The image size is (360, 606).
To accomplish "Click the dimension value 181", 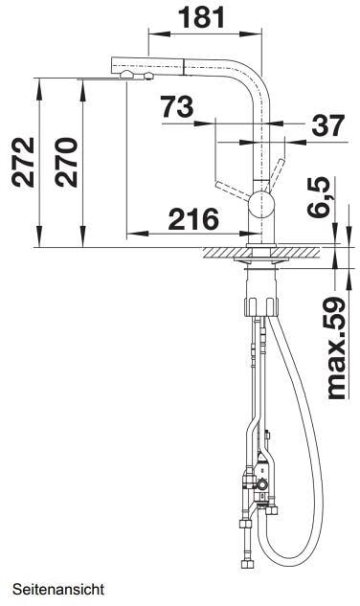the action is pyautogui.click(x=201, y=17).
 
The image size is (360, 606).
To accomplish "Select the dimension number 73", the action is pyautogui.click(x=177, y=106).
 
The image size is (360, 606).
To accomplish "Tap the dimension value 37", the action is pyautogui.click(x=327, y=125).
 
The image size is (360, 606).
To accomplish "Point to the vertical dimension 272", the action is pyautogui.click(x=23, y=163).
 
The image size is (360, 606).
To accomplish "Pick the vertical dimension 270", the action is pyautogui.click(x=66, y=163).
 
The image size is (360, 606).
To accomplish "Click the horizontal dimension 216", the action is pyautogui.click(x=193, y=219).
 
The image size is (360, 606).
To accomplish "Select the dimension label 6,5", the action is pyautogui.click(x=319, y=196).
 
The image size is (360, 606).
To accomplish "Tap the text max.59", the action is pyautogui.click(x=335, y=348).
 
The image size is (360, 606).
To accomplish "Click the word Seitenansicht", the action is pyautogui.click(x=58, y=590).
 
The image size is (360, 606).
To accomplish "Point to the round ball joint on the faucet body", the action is pyautogui.click(x=261, y=204).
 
